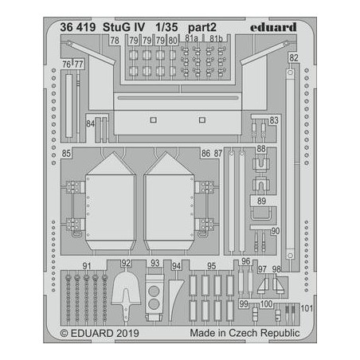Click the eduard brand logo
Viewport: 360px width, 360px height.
(273, 27)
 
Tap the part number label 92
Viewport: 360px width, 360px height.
(126, 263)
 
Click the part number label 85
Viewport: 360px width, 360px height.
(66, 153)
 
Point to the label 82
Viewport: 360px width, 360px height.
(294, 58)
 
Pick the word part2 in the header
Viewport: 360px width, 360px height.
(202, 27)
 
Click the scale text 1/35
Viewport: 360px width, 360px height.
(166, 27)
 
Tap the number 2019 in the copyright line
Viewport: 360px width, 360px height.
(127, 333)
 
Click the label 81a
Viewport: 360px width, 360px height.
(191, 38)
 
